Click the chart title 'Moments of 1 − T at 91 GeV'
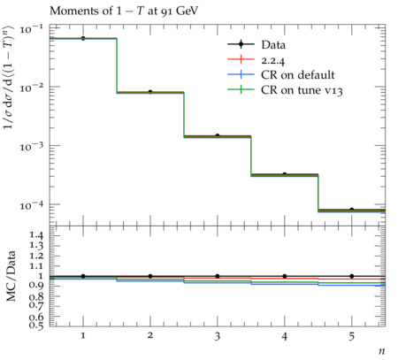[124, 11]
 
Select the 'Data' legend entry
[256, 44]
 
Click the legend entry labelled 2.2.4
[256, 60]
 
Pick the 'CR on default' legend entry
[281, 74]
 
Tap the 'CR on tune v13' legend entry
[285, 89]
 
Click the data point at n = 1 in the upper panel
[83, 38]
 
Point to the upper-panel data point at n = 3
[218, 135]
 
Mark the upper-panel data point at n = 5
[352, 210]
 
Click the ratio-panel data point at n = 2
[150, 276]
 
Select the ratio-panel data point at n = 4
[285, 276]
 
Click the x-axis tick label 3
[218, 336]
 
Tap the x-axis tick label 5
[352, 336]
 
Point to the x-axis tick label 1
[83, 335]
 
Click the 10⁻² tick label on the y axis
[31, 88]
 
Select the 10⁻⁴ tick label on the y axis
[31, 205]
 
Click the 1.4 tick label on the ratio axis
[36, 235]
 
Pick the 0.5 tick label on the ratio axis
[36, 325]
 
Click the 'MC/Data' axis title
[11, 276]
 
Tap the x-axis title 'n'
[382, 351]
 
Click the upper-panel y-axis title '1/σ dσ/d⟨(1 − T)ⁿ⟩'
[9, 77]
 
